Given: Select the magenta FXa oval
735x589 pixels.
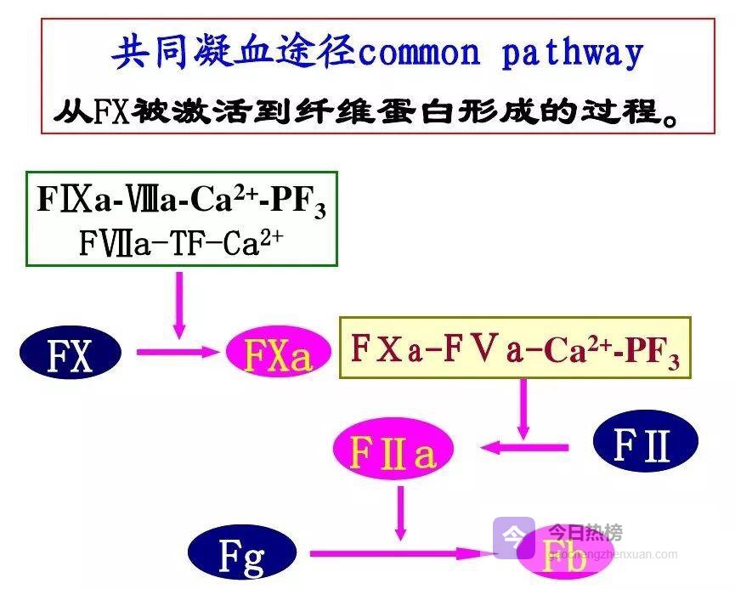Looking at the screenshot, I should coord(277,355).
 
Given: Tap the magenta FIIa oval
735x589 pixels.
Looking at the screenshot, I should coord(392,451).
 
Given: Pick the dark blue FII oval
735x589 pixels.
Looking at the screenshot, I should coord(644,444).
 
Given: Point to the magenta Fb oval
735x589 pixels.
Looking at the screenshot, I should coord(565,558).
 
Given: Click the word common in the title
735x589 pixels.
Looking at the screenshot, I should coord(419,54).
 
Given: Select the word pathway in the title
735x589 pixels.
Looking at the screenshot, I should coord(572,54).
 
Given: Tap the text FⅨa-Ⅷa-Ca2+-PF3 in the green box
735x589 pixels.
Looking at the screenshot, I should coord(181,200).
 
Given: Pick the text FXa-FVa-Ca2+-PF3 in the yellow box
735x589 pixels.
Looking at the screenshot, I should coord(515,348).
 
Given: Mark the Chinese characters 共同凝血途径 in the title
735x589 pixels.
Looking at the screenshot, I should coord(232,53).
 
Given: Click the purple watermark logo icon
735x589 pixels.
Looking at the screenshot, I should coord(513,535).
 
